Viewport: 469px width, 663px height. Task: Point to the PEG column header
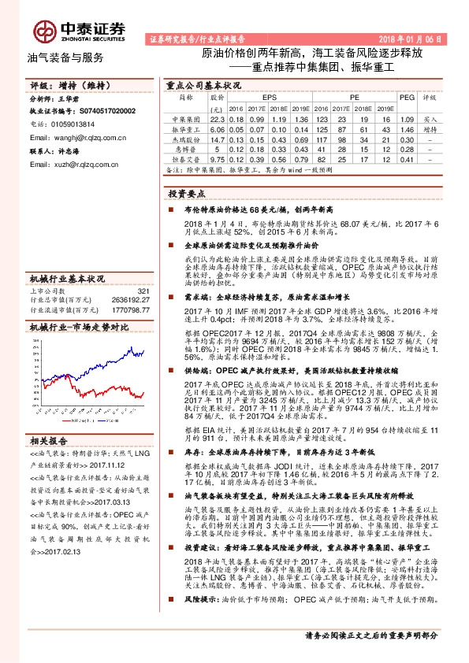click(408, 96)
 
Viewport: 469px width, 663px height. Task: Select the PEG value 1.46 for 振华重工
click(408, 127)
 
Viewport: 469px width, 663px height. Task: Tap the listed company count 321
click(143, 291)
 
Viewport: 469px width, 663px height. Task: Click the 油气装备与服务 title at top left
click(65, 58)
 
